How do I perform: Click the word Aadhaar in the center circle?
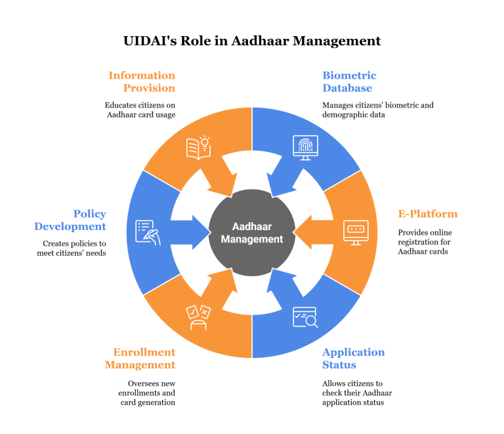(252, 226)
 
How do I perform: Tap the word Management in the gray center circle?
(252, 239)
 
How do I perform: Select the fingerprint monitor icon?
(305, 147)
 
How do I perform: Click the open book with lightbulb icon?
(198, 147)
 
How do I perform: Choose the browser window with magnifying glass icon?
(305, 317)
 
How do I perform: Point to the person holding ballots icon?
(198, 317)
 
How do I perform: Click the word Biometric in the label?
(349, 75)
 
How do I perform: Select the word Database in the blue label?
(347, 88)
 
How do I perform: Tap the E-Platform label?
(428, 214)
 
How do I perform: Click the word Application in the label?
(353, 352)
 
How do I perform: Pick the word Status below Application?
(339, 365)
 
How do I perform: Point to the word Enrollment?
(144, 352)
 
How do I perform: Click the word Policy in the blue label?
(90, 214)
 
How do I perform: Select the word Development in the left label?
(70, 226)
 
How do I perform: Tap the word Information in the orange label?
(142, 75)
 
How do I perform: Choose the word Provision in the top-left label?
(149, 88)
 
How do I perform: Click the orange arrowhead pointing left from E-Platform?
(303, 232)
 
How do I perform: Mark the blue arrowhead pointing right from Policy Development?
(200, 232)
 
